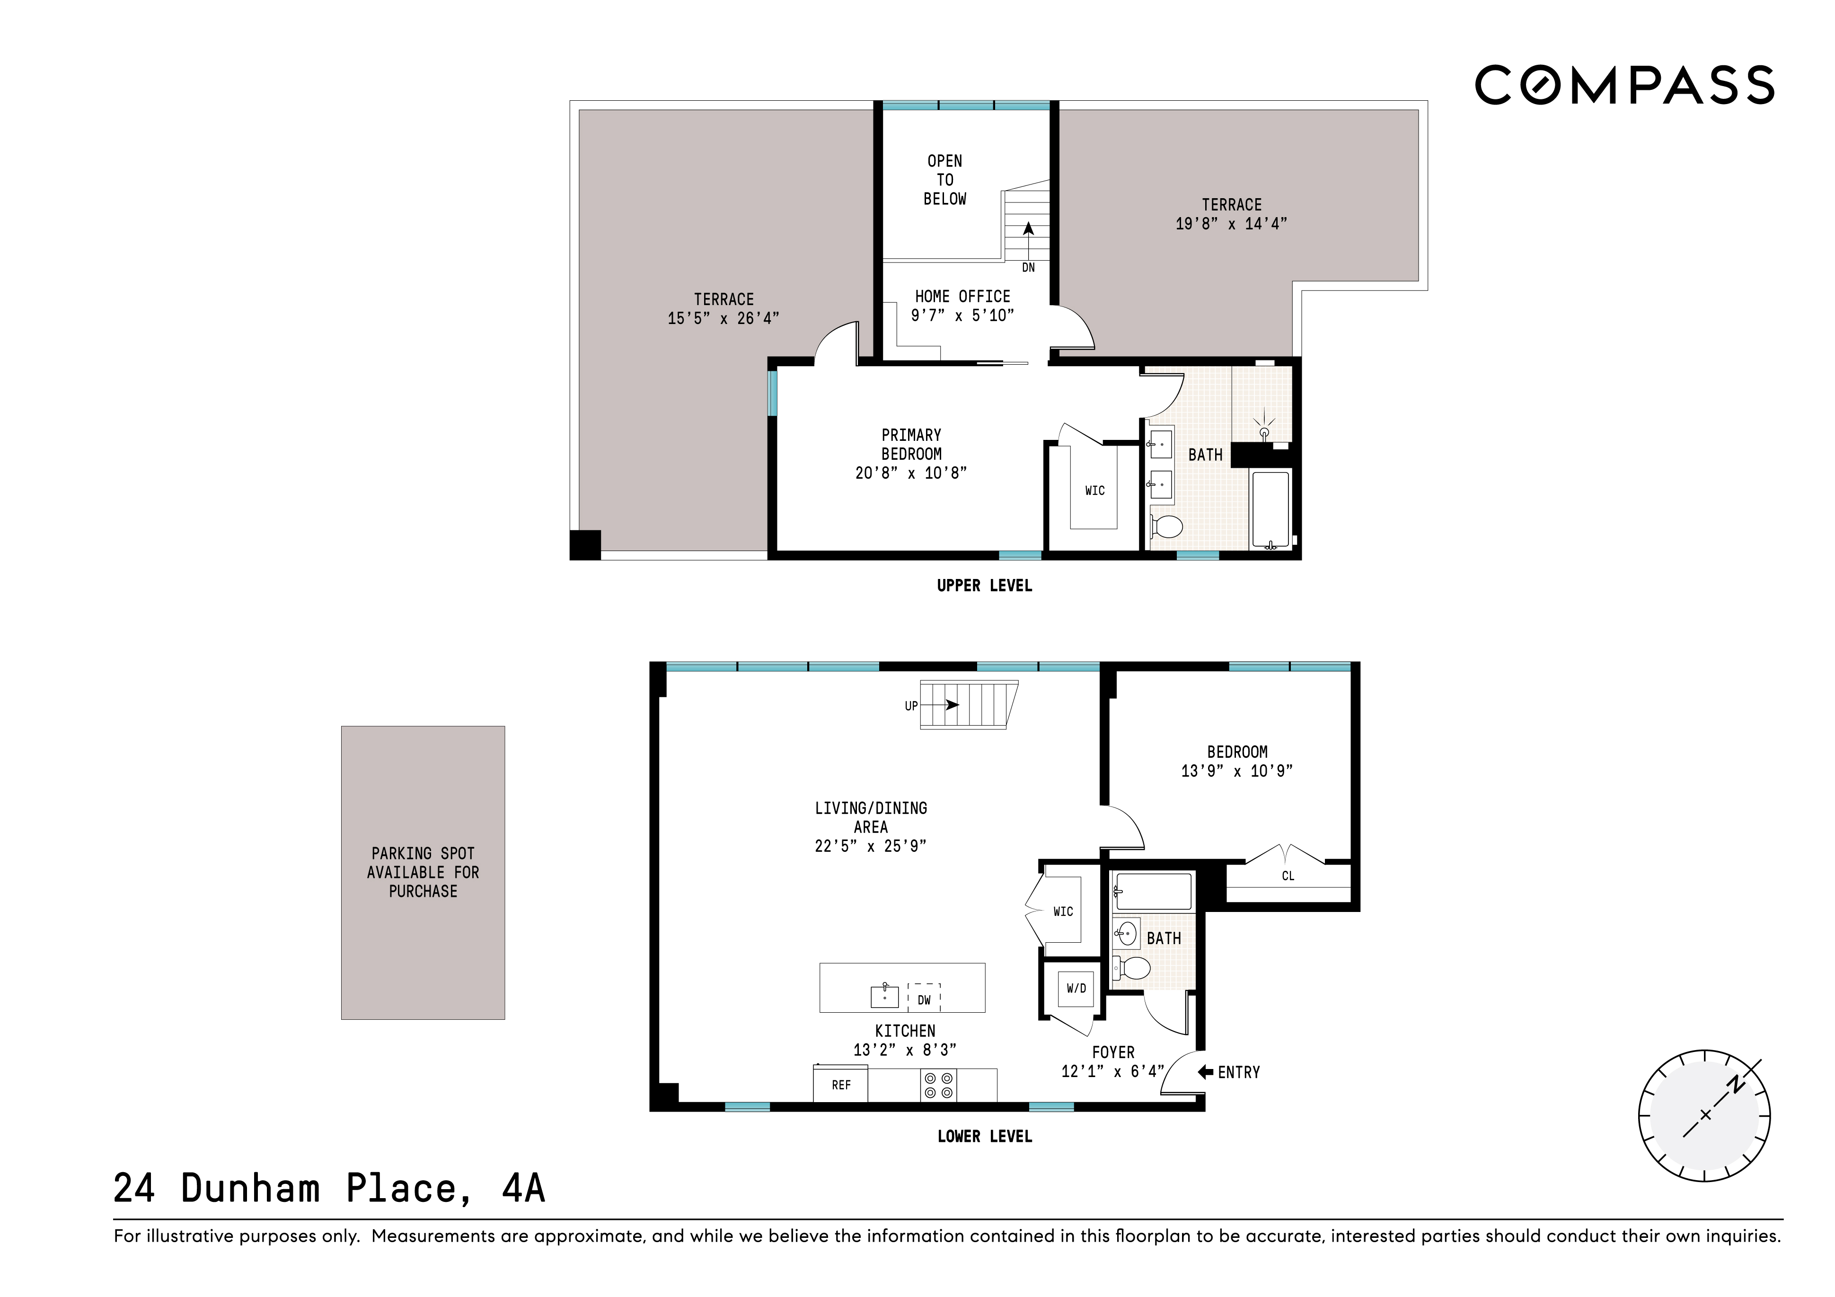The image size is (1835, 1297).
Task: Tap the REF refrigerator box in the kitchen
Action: point(841,1085)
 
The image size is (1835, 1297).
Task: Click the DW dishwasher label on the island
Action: point(924,1000)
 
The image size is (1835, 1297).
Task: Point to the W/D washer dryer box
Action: point(1076,989)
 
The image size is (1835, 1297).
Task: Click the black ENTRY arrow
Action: point(1205,1072)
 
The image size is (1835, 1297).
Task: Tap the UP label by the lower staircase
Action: point(911,706)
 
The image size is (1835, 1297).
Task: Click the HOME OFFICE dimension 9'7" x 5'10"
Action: point(962,315)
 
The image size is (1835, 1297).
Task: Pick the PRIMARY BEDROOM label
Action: point(911,444)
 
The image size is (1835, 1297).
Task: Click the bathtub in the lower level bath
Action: point(1153,891)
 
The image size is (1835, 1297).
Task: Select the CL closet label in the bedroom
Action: point(1288,876)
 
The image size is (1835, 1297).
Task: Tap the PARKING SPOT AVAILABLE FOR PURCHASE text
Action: point(423,872)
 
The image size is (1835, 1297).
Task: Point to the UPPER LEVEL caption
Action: point(984,586)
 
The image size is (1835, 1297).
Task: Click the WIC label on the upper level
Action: point(1094,491)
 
